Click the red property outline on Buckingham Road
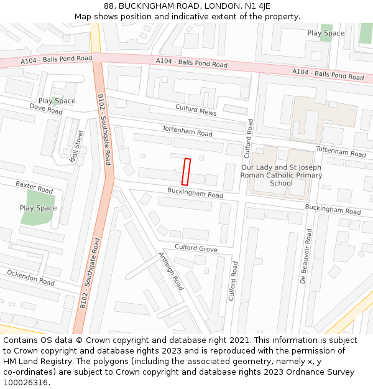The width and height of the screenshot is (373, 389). (x=186, y=172)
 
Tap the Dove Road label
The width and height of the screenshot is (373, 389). (x=46, y=109)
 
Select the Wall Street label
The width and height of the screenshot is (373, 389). (x=76, y=146)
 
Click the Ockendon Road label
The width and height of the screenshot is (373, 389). (x=30, y=278)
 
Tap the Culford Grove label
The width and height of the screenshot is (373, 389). (x=196, y=248)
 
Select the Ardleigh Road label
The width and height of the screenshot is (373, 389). (x=171, y=271)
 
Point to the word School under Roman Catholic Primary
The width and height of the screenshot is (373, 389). (x=281, y=184)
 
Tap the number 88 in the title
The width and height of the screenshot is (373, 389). (x=109, y=6)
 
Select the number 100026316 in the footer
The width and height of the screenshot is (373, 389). (x=25, y=382)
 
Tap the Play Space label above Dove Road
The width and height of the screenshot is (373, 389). (x=57, y=101)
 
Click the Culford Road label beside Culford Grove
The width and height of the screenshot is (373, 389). (x=233, y=281)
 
